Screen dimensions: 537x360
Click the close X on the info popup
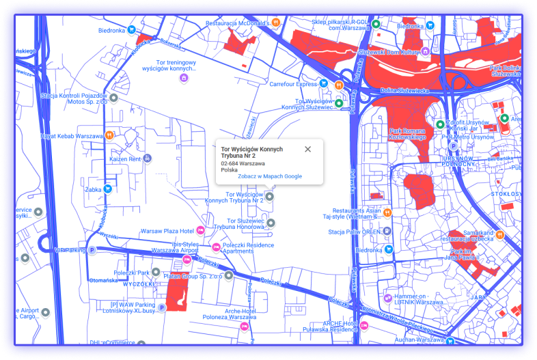pos(307,149)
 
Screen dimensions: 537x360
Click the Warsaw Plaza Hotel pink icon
pos(200,230)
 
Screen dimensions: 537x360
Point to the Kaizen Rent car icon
pos(148,158)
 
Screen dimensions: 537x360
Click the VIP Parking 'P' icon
pos(93,251)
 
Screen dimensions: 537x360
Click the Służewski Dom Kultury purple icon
pos(424,51)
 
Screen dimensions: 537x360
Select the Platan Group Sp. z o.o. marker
pos(229,275)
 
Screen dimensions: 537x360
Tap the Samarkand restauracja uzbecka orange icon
pos(500,234)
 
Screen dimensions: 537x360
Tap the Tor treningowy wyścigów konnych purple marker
pos(183,78)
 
